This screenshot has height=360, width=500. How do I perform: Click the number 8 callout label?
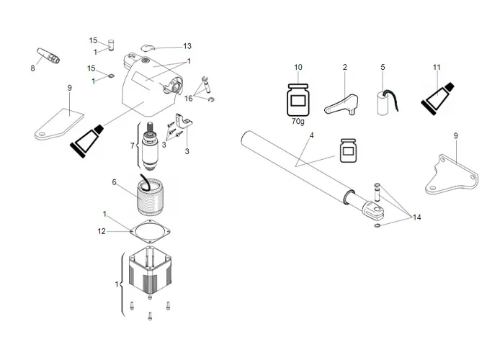click(x=32, y=69)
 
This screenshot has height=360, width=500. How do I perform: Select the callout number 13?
click(x=187, y=46)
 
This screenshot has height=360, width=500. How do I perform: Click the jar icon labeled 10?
click(x=298, y=100)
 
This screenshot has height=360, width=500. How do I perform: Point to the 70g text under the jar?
click(x=298, y=122)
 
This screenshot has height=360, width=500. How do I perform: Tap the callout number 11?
click(x=437, y=68)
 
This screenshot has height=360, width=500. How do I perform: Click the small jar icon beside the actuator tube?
click(x=349, y=149)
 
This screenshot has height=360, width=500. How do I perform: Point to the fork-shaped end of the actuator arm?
click(x=375, y=211)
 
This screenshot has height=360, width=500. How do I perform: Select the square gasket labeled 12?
click(x=149, y=232)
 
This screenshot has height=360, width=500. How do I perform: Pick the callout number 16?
click(x=189, y=97)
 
